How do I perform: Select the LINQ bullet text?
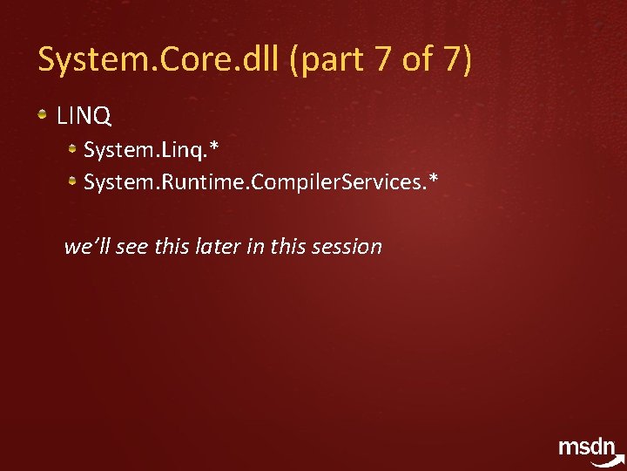(x=84, y=115)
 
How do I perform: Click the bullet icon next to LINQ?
(x=43, y=114)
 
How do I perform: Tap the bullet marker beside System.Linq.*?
(x=75, y=150)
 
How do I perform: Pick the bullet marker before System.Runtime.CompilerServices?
(x=75, y=181)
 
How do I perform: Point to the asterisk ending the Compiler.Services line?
(x=433, y=179)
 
